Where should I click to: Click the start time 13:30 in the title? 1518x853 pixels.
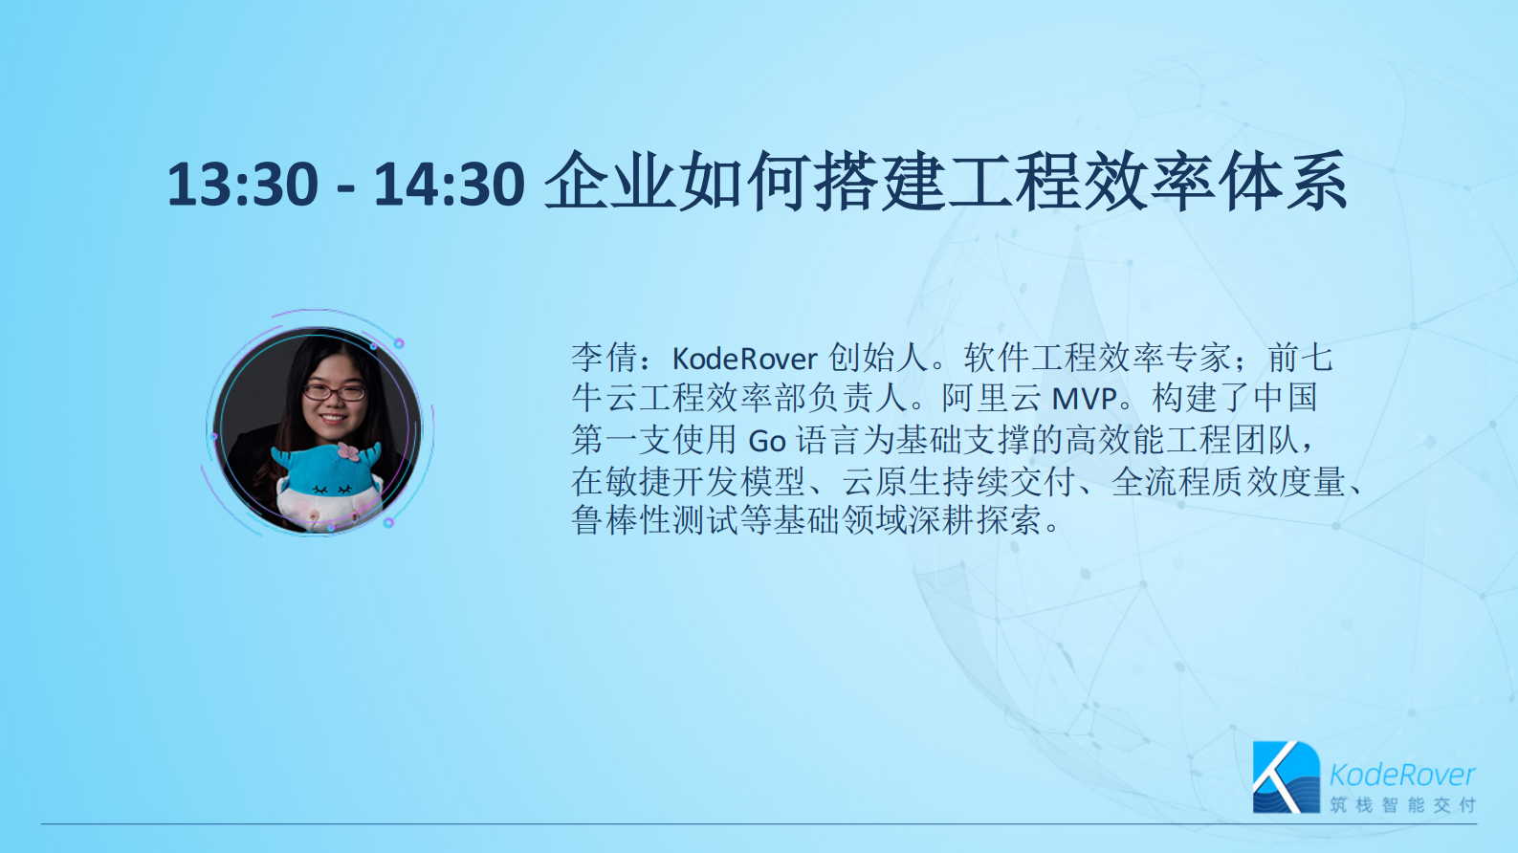point(242,184)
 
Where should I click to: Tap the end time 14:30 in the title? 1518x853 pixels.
point(450,184)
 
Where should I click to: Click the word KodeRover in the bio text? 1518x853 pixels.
point(744,359)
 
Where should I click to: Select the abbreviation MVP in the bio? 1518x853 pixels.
point(1084,399)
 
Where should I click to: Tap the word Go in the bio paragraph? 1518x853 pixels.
point(766,441)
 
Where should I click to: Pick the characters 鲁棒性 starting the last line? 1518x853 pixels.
point(622,521)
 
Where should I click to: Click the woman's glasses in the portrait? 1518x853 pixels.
point(334,391)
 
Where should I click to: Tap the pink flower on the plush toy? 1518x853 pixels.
point(347,451)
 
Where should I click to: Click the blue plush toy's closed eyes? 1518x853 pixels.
point(330,490)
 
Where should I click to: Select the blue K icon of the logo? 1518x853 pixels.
point(1285,776)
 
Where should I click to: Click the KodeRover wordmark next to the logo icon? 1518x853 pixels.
point(1401,774)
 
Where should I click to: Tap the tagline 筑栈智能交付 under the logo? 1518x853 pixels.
point(1402,805)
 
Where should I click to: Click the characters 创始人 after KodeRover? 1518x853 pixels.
point(878,359)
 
